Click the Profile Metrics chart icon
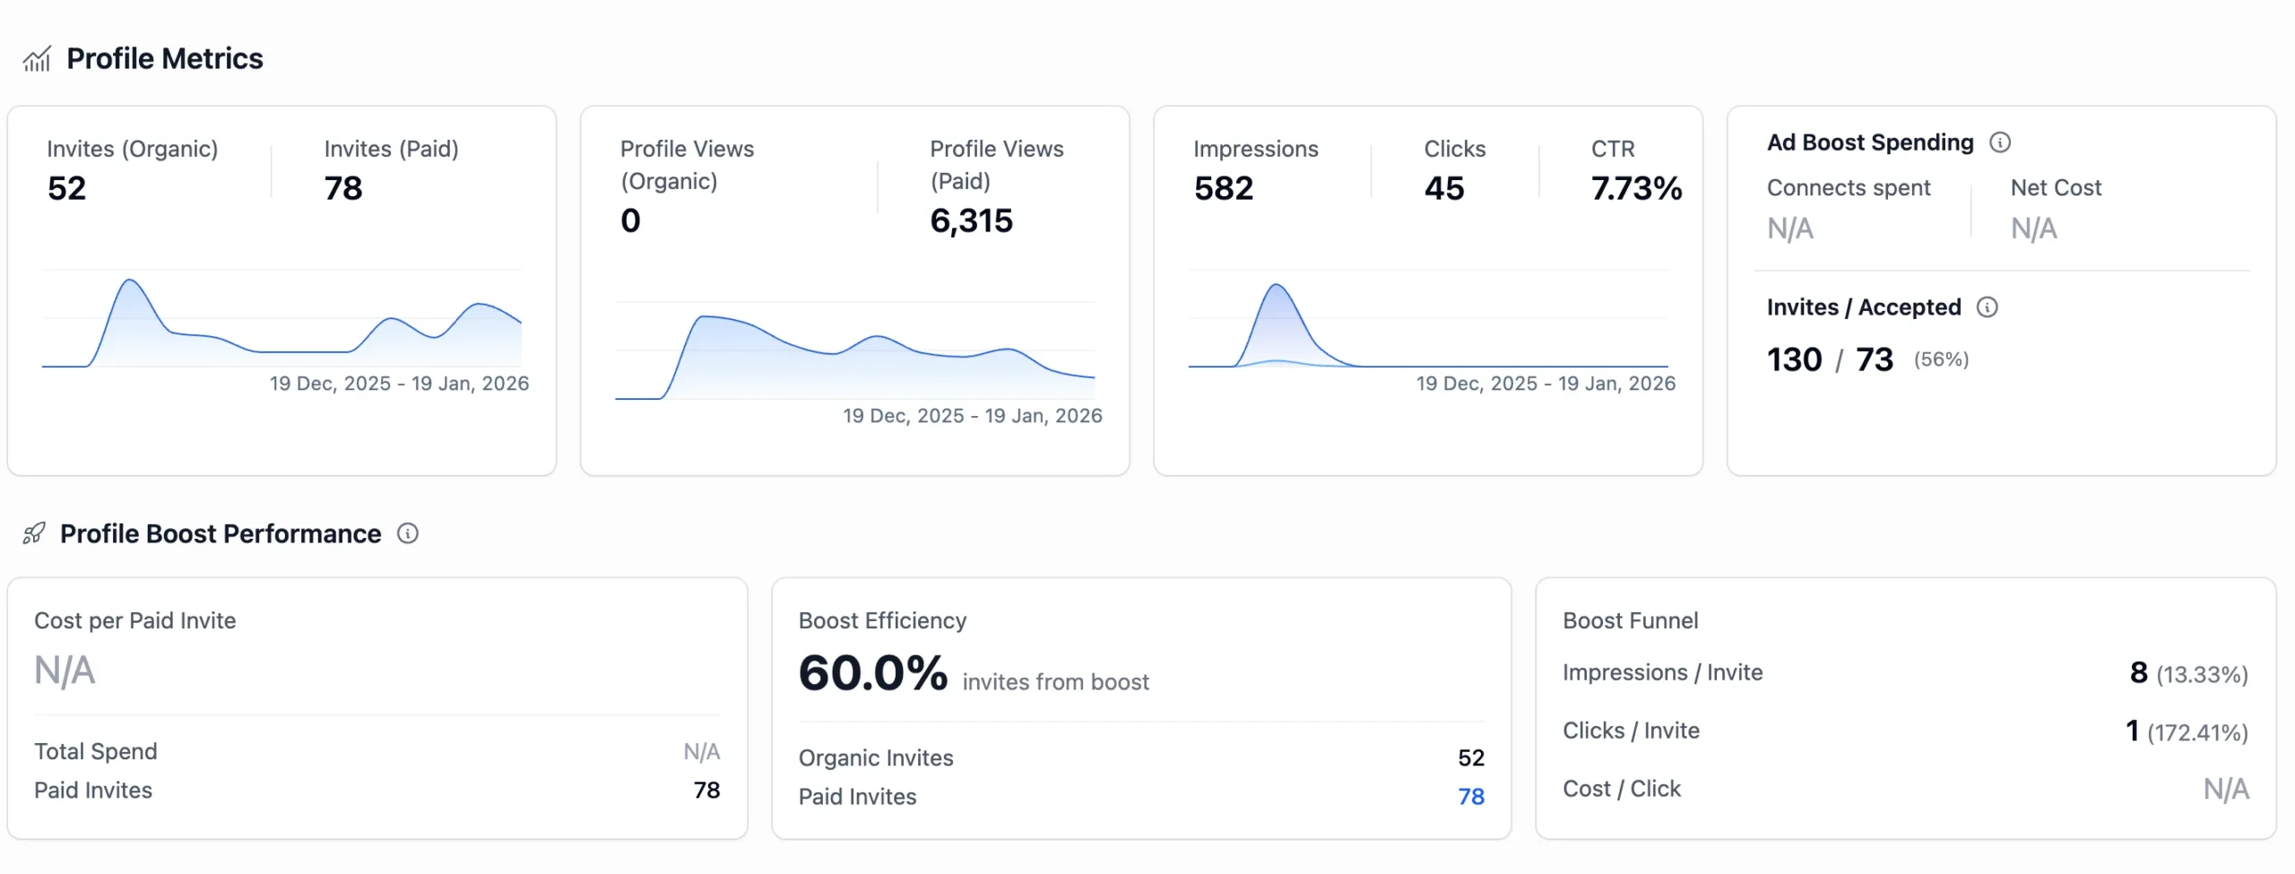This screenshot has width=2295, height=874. [37, 59]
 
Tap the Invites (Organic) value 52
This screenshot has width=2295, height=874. [67, 188]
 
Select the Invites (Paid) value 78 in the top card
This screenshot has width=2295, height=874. [343, 188]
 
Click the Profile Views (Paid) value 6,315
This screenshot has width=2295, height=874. [971, 221]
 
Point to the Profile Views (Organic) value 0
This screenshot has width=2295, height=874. [630, 221]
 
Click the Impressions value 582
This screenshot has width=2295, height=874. [1223, 188]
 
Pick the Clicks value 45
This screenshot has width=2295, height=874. [1443, 188]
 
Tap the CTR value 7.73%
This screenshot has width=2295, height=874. [1636, 188]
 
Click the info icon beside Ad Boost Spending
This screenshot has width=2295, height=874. [2000, 143]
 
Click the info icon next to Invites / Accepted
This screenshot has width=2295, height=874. [1988, 307]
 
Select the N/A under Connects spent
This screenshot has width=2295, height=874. [1790, 229]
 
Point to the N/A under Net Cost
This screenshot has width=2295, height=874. [2033, 229]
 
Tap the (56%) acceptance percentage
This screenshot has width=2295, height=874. [1941, 359]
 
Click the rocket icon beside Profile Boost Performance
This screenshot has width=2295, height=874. [34, 534]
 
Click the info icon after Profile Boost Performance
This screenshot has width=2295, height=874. [408, 534]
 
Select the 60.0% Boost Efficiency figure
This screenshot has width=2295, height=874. [872, 673]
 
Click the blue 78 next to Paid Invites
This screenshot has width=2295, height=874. [1470, 796]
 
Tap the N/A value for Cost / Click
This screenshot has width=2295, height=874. [2226, 789]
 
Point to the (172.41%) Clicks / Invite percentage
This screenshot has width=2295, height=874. [2197, 732]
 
